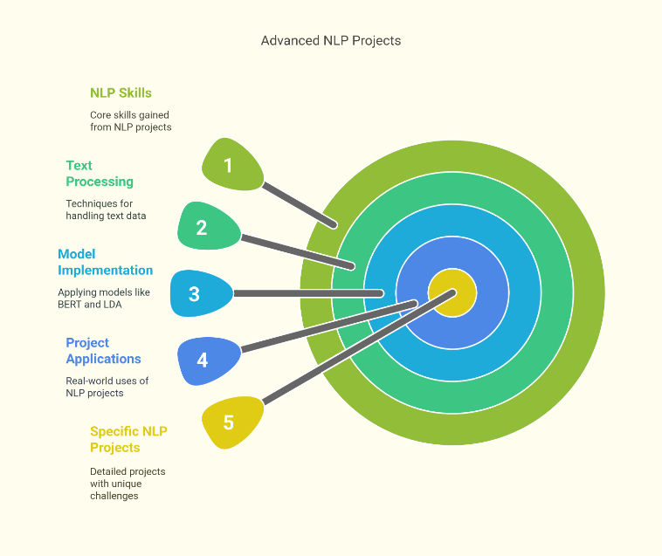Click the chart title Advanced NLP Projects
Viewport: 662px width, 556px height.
tap(331, 40)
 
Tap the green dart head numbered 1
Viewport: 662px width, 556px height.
tap(231, 164)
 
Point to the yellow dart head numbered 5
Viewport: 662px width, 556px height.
tap(231, 422)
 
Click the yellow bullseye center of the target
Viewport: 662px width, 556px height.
tap(452, 292)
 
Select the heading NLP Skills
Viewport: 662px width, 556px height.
tap(121, 93)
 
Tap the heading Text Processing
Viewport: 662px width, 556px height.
tap(100, 174)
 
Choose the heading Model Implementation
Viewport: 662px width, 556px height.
tap(105, 262)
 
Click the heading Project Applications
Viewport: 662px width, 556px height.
tap(103, 351)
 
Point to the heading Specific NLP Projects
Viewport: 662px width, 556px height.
tap(128, 439)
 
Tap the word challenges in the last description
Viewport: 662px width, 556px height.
tap(114, 496)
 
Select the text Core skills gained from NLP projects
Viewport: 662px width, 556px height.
tap(131, 121)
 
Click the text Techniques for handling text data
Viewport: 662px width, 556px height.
tap(106, 209)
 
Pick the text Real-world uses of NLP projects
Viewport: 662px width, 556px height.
tap(107, 387)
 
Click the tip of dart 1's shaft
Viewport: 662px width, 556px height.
tap(334, 225)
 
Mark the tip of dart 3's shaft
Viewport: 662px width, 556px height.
tap(381, 293)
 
